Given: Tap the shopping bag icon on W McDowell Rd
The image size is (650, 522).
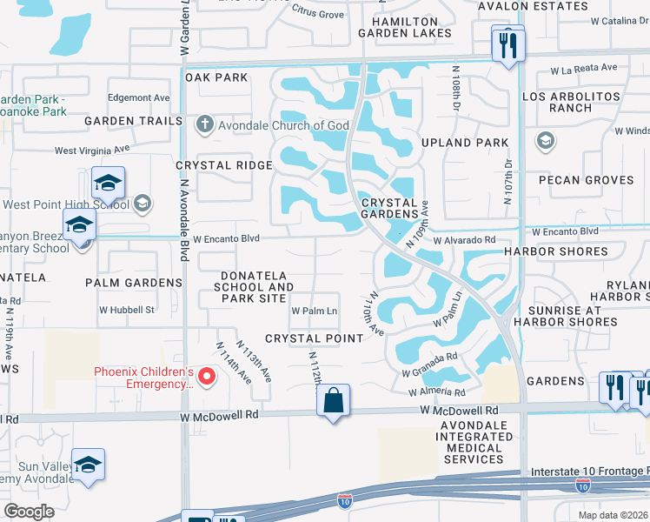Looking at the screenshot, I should point(333,401).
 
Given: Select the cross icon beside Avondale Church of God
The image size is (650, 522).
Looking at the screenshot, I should point(204,125).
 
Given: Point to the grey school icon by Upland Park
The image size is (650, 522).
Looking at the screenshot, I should point(545,141).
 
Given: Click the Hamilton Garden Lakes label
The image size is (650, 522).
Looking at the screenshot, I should point(411,27).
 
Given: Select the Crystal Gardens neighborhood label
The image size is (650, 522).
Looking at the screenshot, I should point(390,208).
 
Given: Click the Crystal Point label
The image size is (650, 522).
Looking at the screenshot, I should point(314,338).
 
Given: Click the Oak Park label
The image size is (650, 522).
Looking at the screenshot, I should point(217,77).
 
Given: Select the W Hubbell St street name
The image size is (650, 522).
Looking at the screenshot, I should point(127,309).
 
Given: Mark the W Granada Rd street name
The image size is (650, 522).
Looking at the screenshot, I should point(429,365).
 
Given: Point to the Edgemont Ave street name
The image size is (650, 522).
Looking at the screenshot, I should point(138,98).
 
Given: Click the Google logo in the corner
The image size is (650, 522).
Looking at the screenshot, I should point(30,512).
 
